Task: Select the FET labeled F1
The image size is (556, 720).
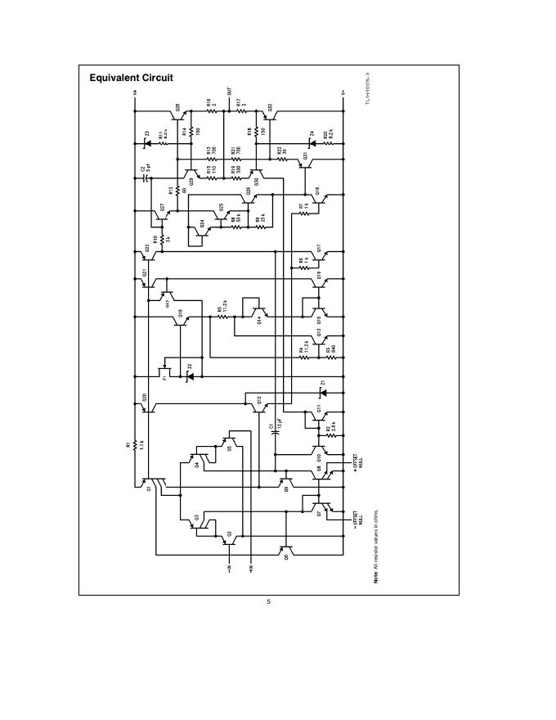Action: tap(170, 373)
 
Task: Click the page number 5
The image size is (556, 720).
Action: tap(269, 602)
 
